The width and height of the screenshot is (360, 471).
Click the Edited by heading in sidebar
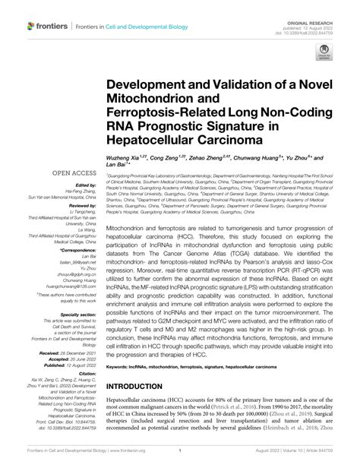click(83, 185)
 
